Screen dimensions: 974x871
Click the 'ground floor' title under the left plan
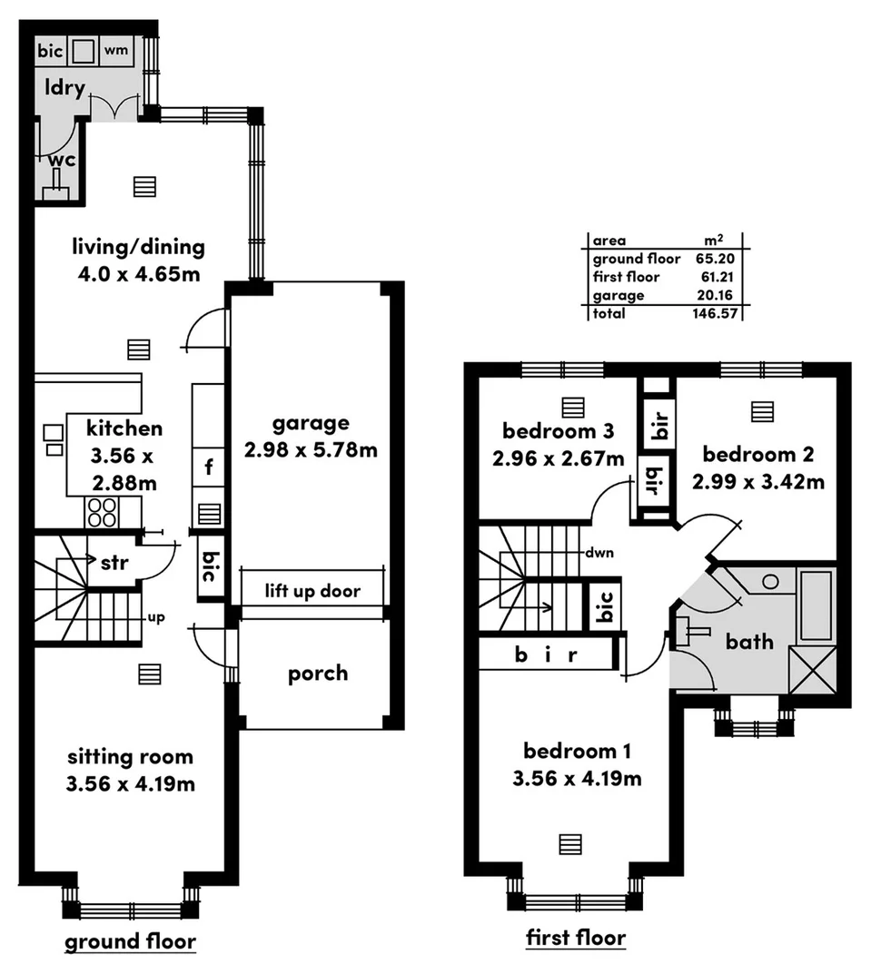(x=130, y=941)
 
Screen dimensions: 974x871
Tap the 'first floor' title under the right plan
(x=576, y=937)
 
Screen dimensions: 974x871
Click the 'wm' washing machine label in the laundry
(x=115, y=50)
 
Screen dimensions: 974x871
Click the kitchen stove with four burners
(x=101, y=513)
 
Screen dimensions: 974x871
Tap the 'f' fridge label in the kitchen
(x=209, y=468)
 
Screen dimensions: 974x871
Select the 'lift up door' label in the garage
(x=312, y=592)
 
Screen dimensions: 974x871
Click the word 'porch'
(x=318, y=674)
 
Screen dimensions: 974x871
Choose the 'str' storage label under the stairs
(x=114, y=562)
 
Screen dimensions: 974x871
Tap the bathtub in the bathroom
(x=816, y=605)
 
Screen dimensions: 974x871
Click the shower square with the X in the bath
(x=811, y=669)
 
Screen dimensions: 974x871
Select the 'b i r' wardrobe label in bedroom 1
(x=546, y=654)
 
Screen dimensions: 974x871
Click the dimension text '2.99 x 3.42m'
(x=757, y=481)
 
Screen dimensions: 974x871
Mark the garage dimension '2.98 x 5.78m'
(x=311, y=448)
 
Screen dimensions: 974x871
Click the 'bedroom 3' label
(x=558, y=429)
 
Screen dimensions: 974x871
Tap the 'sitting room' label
(x=129, y=756)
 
